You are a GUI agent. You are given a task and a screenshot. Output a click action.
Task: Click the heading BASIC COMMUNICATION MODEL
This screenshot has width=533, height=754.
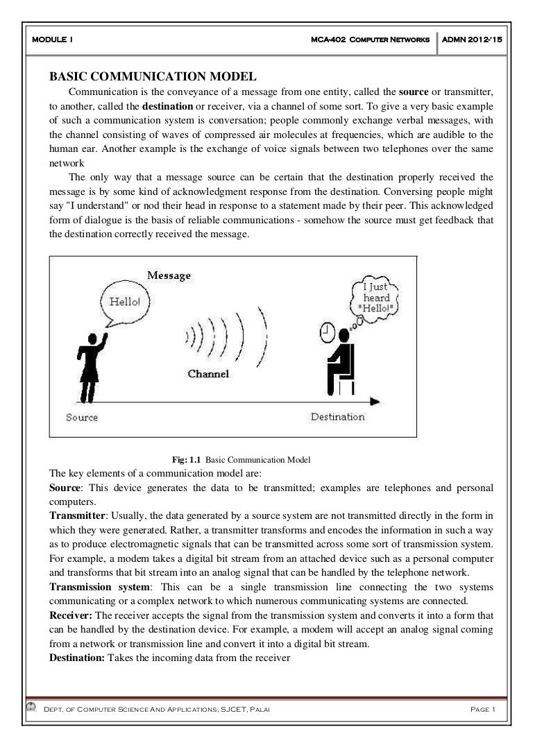click(x=153, y=76)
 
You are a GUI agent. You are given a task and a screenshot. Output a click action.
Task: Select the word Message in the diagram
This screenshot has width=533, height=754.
click(x=169, y=276)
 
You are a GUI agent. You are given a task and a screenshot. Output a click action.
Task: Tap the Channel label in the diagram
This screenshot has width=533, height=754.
click(x=208, y=374)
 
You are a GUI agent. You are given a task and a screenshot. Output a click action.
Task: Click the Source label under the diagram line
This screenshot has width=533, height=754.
click(x=82, y=418)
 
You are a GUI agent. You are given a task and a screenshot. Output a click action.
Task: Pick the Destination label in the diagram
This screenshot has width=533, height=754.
click(x=337, y=417)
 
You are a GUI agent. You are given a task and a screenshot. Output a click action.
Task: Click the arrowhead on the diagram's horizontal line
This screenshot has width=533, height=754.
click(x=374, y=401)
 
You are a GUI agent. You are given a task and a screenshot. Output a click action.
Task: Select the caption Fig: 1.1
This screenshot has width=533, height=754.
click(x=186, y=459)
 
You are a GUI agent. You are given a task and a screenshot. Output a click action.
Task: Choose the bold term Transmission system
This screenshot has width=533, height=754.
click(x=98, y=586)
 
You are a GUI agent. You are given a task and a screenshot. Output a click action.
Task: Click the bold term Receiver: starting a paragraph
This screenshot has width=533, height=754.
click(x=71, y=615)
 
